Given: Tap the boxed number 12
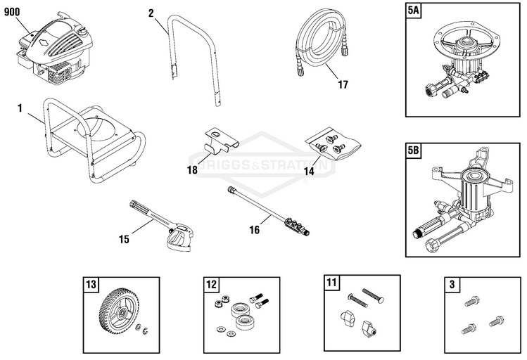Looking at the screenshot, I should (210, 285).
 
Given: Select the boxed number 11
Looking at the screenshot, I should (331, 283).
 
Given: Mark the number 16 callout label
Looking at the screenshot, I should (255, 229).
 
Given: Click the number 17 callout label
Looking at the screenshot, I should (343, 86).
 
